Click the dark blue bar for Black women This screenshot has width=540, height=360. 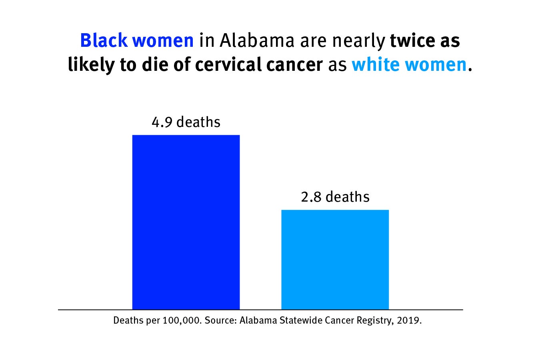[x=186, y=222]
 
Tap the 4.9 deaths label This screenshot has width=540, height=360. [x=186, y=122]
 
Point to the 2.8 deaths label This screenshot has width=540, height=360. [x=335, y=197]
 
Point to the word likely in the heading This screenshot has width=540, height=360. [x=90, y=64]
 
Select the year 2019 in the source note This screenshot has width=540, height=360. [x=409, y=321]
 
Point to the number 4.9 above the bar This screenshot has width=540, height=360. [x=162, y=122]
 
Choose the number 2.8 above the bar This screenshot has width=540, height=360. [x=311, y=197]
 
